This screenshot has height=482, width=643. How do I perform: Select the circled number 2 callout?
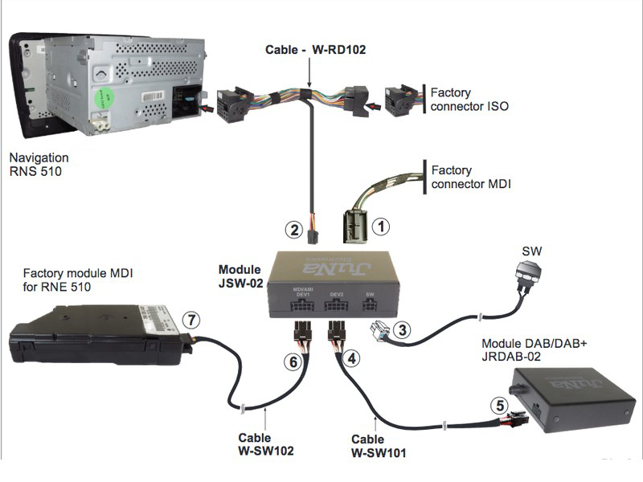click(x=295, y=231)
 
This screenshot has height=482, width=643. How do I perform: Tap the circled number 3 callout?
click(x=404, y=329)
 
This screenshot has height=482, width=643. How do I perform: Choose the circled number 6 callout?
click(x=295, y=362)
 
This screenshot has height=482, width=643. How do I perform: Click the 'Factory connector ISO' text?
click(x=469, y=100)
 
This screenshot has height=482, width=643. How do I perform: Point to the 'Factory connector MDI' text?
click(x=470, y=178)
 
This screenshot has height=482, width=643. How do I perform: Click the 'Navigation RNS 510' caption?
click(x=37, y=165)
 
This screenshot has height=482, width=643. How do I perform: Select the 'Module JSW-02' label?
click(x=240, y=275)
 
